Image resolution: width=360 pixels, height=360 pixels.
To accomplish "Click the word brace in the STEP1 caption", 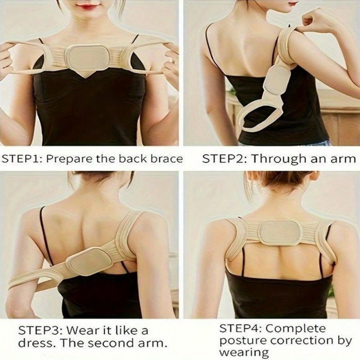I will point(166,159).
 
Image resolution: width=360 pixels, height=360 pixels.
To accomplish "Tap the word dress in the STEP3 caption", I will point(33,342).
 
